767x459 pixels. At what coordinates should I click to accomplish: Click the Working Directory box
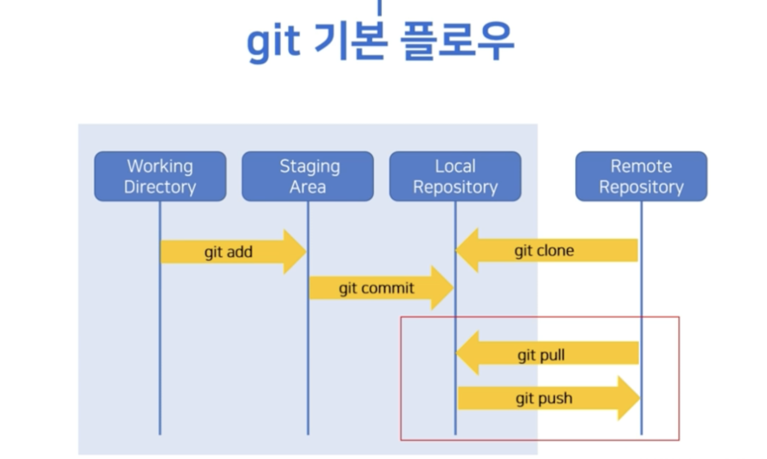tap(160, 176)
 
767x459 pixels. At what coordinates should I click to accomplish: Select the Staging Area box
tap(308, 176)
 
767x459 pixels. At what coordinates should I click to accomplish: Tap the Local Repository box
tap(455, 176)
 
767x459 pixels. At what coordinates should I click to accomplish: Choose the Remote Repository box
tap(641, 176)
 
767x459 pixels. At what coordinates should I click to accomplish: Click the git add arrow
tap(229, 252)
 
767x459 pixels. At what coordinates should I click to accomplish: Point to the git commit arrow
tap(377, 288)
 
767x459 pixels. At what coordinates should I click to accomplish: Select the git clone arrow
tap(545, 250)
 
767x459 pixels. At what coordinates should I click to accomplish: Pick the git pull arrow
tap(541, 355)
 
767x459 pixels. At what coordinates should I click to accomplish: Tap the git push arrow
tap(544, 398)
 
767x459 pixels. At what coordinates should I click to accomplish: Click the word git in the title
tap(273, 42)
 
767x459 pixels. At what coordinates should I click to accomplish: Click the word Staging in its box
tap(309, 167)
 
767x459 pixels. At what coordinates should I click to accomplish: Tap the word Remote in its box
tap(641, 166)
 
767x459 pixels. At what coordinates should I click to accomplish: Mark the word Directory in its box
tap(160, 187)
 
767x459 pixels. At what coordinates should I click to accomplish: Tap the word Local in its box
tap(455, 166)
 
